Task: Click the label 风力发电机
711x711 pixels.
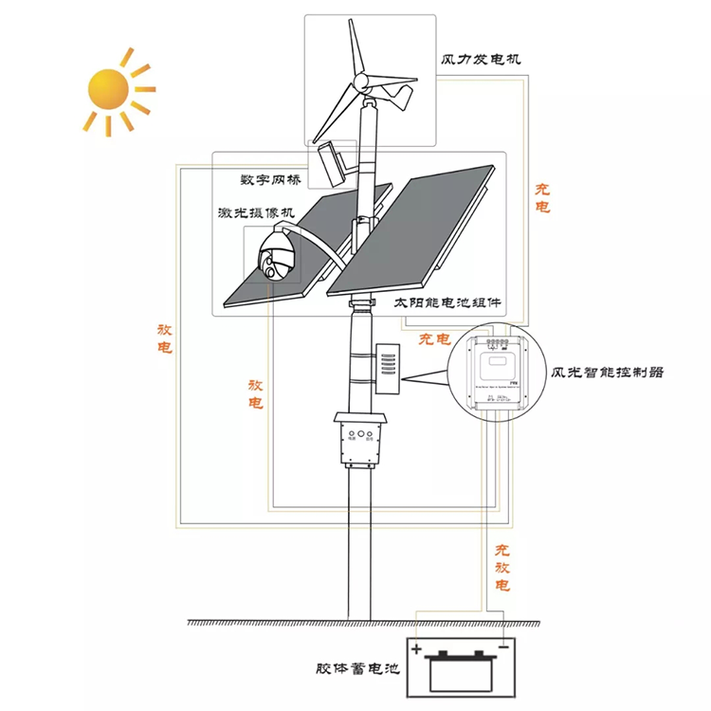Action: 481,59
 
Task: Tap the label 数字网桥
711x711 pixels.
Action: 270,180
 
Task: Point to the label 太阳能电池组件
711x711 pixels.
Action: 447,305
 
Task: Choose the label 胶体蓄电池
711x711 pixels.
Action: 357,668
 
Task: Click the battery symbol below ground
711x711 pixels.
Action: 461,669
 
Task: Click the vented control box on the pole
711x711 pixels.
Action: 388,366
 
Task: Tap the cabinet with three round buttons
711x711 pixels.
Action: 363,440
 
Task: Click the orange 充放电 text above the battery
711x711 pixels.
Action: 502,567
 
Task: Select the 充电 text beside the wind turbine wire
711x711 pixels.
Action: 541,198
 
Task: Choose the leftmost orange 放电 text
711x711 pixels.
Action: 165,338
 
